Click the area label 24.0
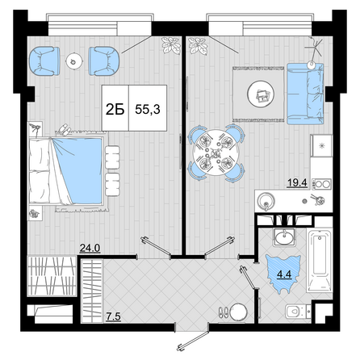point(90,248)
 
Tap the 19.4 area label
point(297,183)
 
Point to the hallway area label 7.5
point(113,316)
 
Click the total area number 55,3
point(148,109)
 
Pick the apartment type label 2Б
point(115,109)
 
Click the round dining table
point(216,153)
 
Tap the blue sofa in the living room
point(305,94)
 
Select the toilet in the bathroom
point(298,312)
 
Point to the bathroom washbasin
point(284,237)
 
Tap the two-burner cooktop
point(321,184)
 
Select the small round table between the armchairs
point(73,61)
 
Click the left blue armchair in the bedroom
point(44,61)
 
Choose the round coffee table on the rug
point(261,94)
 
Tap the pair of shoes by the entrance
point(224,312)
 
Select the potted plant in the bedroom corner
point(170,45)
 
